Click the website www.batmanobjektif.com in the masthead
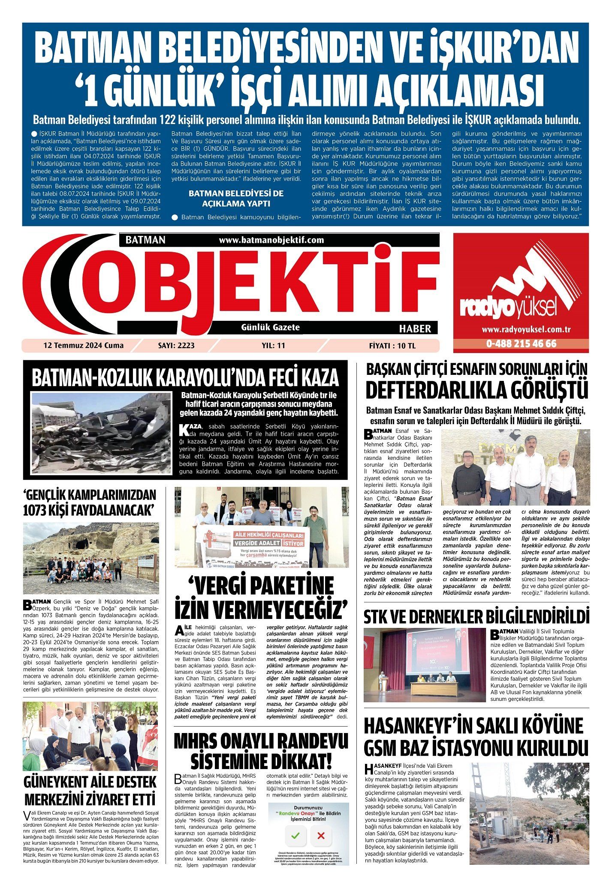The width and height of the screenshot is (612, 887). point(271,240)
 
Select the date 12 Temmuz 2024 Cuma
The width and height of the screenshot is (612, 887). point(83,345)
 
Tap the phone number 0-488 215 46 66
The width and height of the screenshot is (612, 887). point(521,344)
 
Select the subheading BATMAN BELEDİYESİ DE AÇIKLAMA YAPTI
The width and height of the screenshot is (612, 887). point(236,198)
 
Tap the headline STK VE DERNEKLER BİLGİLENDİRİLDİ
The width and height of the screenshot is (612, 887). point(476,618)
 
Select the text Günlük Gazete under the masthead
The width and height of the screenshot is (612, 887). point(270,327)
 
